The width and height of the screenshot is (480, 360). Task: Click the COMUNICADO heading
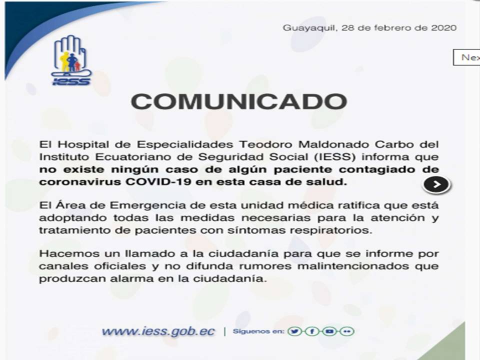239,101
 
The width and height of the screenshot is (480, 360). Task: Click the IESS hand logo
71,60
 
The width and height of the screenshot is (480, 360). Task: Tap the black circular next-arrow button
436,184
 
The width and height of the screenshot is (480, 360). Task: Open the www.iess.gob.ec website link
158,331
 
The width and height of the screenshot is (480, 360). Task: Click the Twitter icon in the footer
294,331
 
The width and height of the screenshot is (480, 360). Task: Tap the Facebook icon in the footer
312,331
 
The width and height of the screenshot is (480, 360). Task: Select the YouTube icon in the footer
329,331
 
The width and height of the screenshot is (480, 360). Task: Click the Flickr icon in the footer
347,331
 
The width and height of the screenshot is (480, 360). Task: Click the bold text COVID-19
158,182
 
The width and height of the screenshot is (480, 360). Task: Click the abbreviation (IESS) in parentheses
335,156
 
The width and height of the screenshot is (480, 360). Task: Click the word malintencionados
353,266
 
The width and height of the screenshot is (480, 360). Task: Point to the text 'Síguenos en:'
258,331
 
